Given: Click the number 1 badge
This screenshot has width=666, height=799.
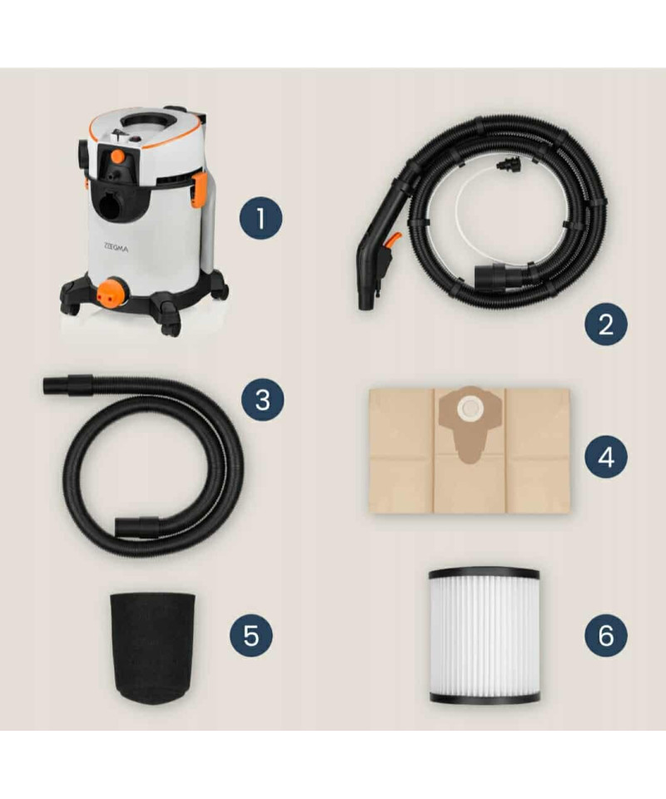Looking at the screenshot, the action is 261,218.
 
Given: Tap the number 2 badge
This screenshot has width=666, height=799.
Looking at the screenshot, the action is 605,324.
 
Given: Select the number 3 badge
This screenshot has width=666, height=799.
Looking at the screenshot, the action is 262,399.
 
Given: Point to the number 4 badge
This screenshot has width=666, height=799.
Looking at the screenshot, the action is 605,457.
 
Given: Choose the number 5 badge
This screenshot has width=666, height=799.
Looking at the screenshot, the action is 251,635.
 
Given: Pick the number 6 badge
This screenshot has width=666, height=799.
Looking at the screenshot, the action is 605,635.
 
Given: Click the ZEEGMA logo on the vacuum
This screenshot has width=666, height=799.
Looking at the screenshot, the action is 116,248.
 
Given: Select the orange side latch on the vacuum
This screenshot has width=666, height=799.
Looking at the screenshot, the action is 199,189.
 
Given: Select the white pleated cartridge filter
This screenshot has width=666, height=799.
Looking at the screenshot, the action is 484,635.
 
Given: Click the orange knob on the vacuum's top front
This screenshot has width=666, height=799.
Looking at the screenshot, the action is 117,156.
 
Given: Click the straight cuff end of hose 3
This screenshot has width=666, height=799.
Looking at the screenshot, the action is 67,385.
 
